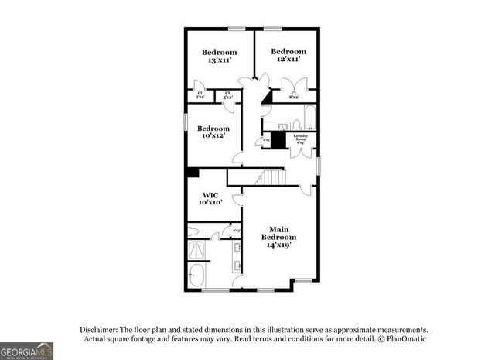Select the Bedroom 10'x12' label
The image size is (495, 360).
click(x=213, y=132)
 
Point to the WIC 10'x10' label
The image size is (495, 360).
click(x=213, y=198)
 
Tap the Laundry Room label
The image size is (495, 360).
click(x=302, y=139)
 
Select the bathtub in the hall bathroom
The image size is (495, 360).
click(x=308, y=115)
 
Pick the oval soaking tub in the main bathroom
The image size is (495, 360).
click(x=198, y=276)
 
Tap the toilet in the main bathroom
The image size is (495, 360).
click(x=196, y=231)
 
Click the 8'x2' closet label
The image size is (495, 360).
click(x=295, y=95)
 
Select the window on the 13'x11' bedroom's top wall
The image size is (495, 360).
click(x=237, y=29)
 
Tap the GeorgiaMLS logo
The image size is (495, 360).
click(x=27, y=350)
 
